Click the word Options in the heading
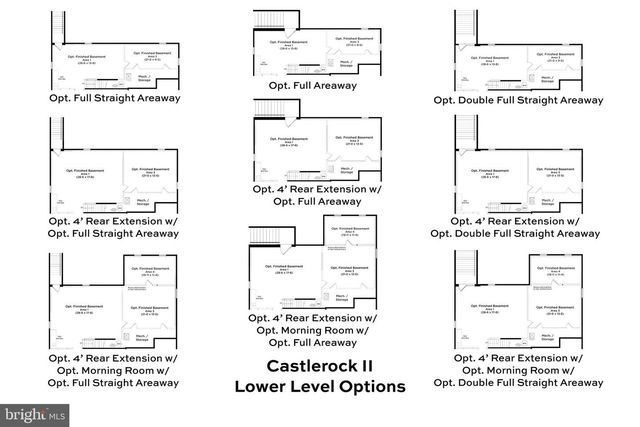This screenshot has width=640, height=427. point(372,386)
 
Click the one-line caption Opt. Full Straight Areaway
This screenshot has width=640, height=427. point(114,100)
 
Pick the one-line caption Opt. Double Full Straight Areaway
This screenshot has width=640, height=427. point(518,100)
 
